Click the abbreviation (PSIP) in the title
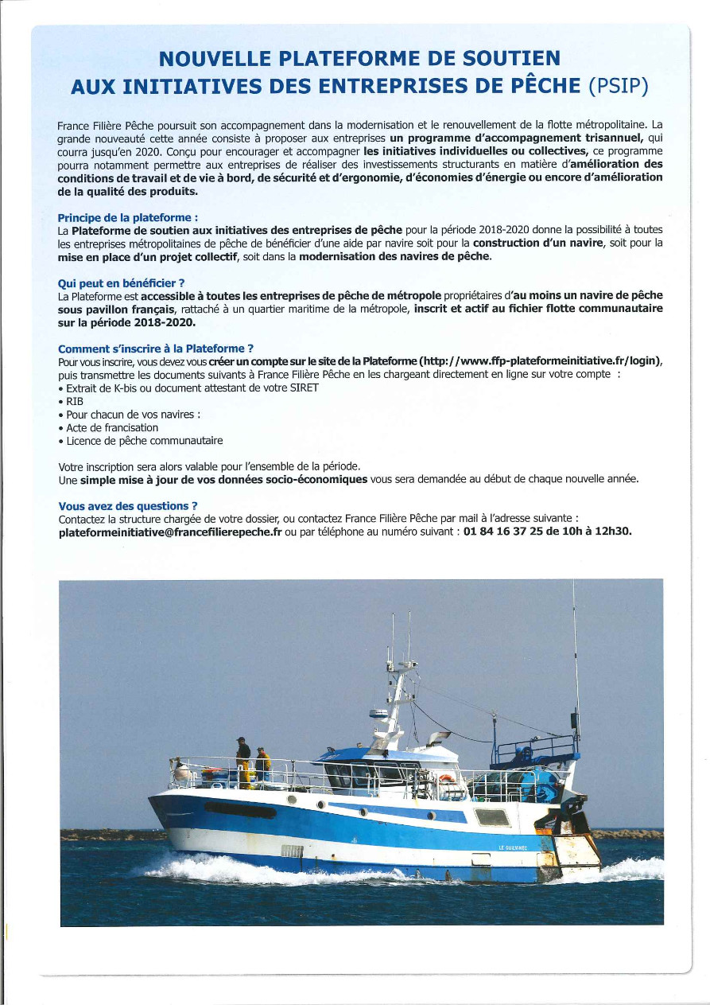pyautogui.click(x=618, y=87)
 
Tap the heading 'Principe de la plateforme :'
pyautogui.click(x=128, y=217)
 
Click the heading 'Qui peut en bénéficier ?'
pyautogui.click(x=121, y=282)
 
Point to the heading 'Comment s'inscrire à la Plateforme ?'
pyautogui.click(x=156, y=348)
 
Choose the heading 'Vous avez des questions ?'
pyautogui.click(x=128, y=505)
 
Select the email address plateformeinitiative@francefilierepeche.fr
pyautogui.click(x=170, y=532)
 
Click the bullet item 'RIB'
pyautogui.click(x=75, y=401)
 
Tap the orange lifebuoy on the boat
pyautogui.click(x=447, y=779)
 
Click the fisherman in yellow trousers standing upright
pyautogui.click(x=243, y=760)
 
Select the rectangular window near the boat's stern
pyautogui.click(x=491, y=816)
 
